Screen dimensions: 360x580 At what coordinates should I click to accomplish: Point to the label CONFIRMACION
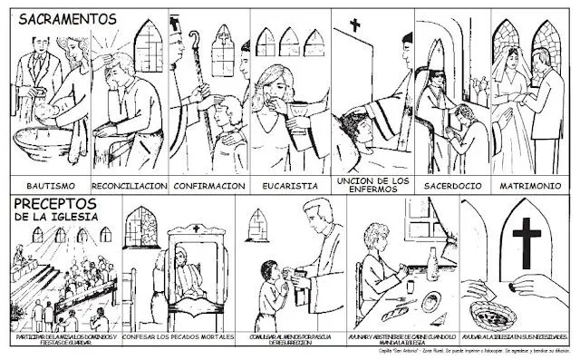pyautogui.click(x=208, y=184)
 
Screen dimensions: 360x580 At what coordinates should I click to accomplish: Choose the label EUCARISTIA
pyautogui.click(x=290, y=184)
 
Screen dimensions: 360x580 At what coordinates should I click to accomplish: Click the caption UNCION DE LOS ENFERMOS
pyautogui.click(x=372, y=184)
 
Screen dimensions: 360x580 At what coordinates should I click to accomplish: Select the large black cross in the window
pyautogui.click(x=527, y=233)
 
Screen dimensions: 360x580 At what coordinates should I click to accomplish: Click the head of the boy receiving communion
pyautogui.click(x=272, y=269)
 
